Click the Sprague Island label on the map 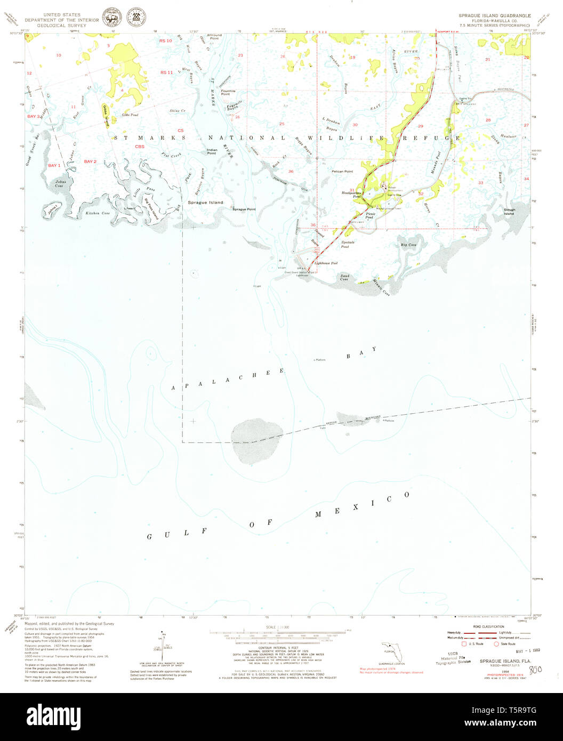pos(205,203)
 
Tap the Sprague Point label pos(244,210)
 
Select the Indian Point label pos(212,152)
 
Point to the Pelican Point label pos(342,172)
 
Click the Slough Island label pos(509,212)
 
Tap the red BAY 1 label pos(54,166)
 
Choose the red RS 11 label pos(166,72)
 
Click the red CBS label pos(140,147)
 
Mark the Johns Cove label pos(59,184)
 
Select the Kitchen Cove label pos(98,213)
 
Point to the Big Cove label pos(408,245)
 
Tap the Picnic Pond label pos(370,215)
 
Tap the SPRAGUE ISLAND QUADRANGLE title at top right pos(494,16)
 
